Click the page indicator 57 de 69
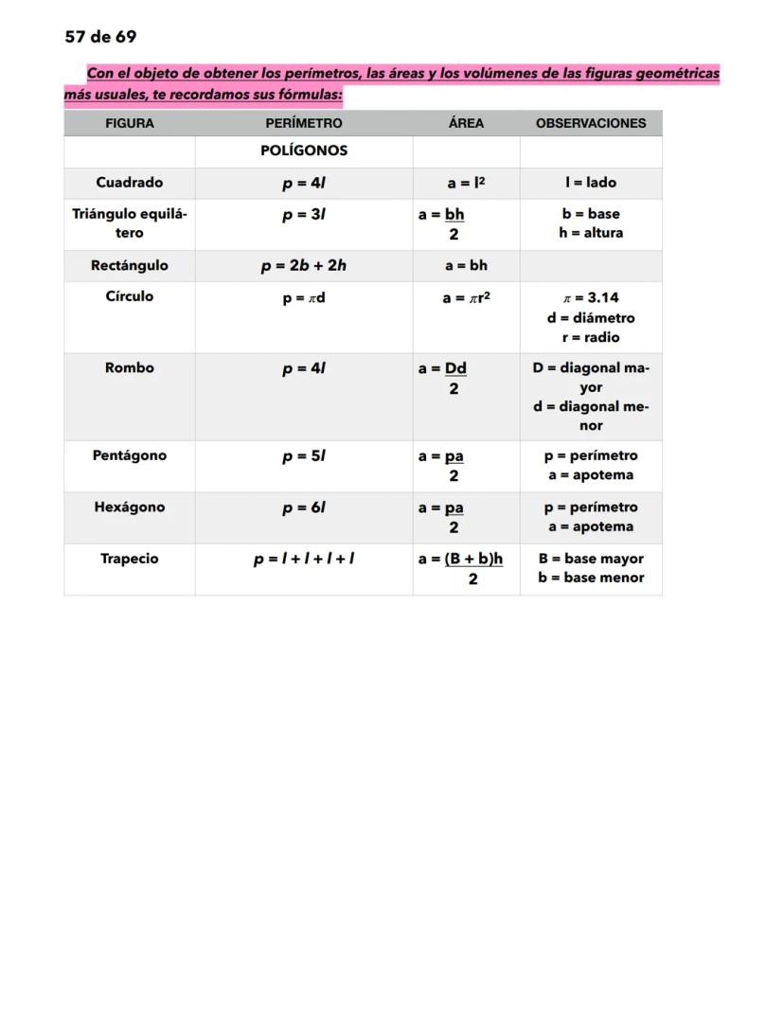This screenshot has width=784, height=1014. [100, 37]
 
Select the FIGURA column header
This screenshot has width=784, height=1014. [130, 123]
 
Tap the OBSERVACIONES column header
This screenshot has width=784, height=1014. [591, 123]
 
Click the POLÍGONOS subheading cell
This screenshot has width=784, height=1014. [304, 151]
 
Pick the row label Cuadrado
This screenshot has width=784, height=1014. [130, 183]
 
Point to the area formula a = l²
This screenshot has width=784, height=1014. [467, 183]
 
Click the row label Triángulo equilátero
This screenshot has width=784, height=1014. [130, 223]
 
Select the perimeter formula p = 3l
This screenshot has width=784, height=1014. [304, 215]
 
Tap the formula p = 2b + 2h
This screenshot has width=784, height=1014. [304, 266]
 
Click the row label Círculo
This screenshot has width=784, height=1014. [130, 296]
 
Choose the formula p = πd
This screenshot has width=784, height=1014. [304, 298]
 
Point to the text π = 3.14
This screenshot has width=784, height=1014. [591, 298]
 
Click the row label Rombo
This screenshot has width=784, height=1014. [130, 368]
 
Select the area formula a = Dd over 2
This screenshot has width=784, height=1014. [444, 377]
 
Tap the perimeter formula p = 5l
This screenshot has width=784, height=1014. [304, 456]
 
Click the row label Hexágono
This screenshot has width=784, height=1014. [130, 507]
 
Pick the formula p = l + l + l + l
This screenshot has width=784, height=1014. [304, 560]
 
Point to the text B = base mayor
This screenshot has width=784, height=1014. [591, 560]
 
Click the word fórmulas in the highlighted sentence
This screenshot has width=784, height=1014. [309, 96]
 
